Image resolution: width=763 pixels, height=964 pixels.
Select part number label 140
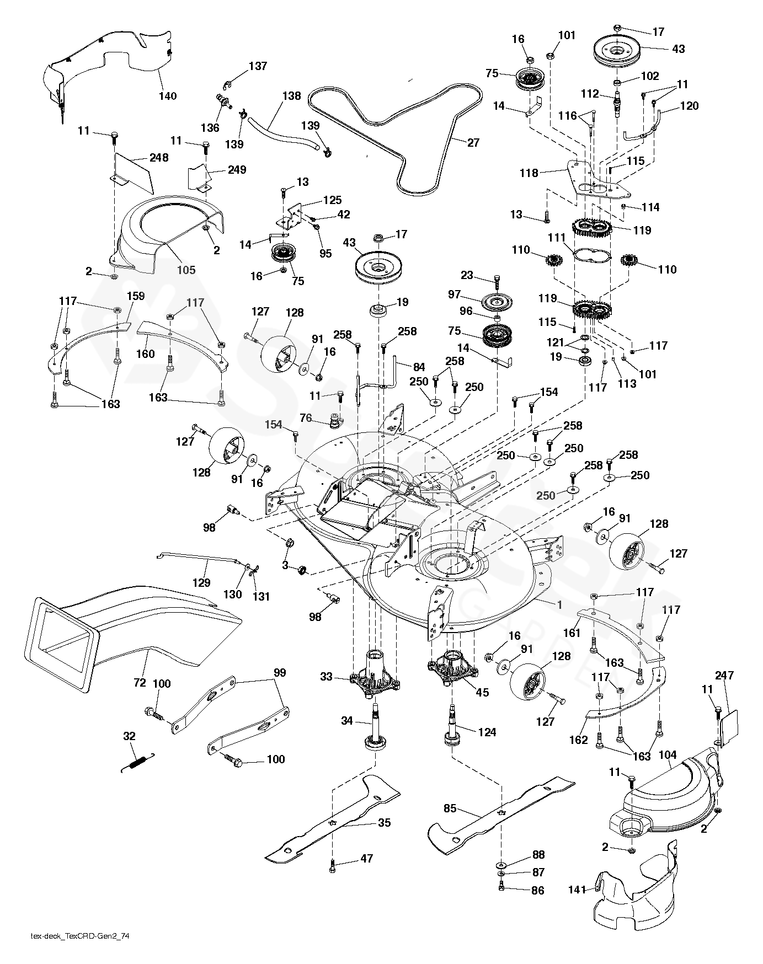coord(168,96)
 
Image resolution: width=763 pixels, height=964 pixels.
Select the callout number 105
coord(186,270)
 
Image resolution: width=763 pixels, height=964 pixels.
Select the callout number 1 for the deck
coord(559,604)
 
